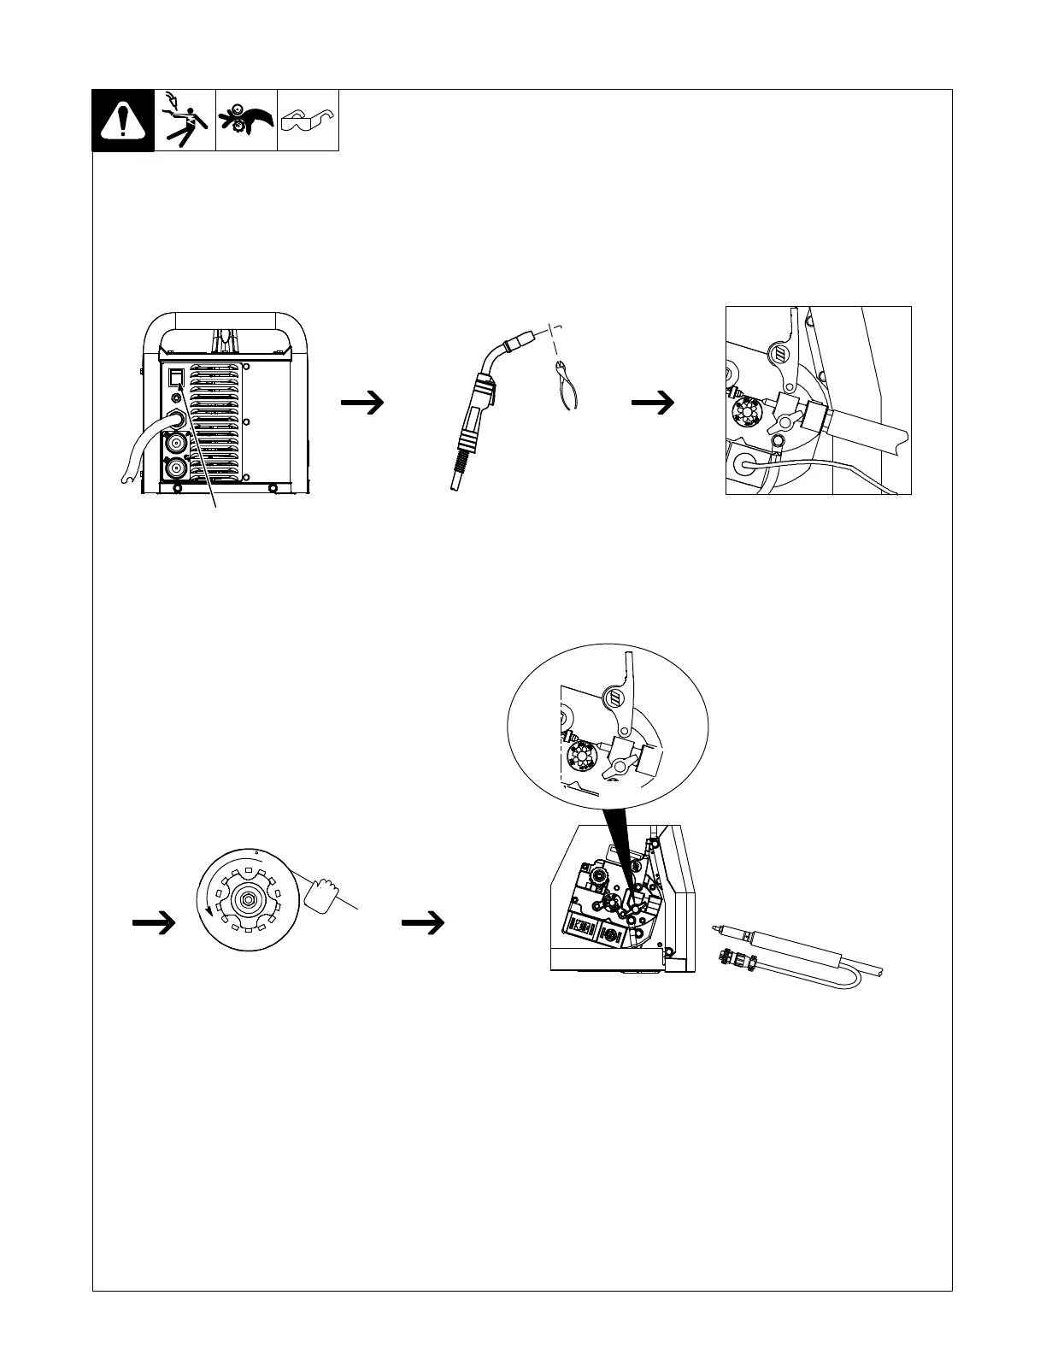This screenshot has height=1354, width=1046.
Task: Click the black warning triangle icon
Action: [x=123, y=121]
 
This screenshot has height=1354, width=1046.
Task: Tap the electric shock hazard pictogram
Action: [x=185, y=121]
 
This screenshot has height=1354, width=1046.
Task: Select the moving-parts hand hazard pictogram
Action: [x=246, y=121]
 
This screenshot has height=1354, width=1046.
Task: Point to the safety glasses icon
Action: [x=309, y=120]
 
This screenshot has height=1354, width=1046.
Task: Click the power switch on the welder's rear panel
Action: [x=175, y=377]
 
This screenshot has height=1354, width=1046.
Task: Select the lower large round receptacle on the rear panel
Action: [x=177, y=468]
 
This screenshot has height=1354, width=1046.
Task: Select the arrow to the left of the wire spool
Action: [x=154, y=922]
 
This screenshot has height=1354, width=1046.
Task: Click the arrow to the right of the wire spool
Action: [x=423, y=922]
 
